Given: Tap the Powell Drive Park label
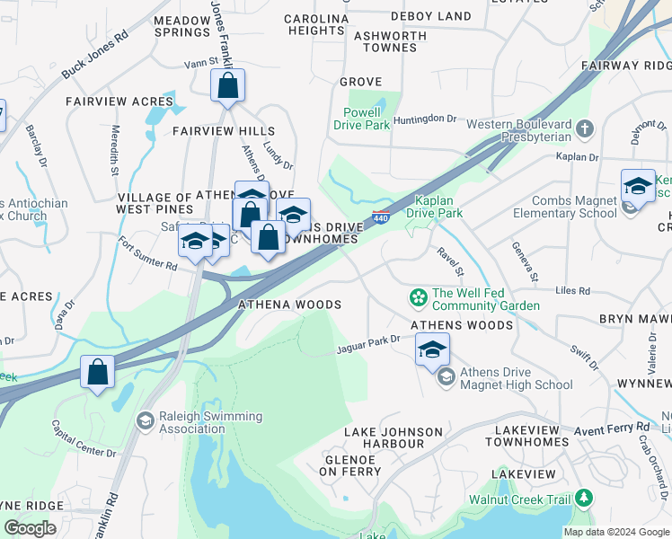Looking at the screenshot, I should (x=366, y=119).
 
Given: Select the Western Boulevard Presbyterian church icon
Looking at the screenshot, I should (x=585, y=128).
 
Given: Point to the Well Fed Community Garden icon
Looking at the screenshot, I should (x=418, y=297).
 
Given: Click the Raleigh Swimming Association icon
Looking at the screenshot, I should (x=144, y=421).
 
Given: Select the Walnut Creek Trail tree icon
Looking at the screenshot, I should (x=585, y=498).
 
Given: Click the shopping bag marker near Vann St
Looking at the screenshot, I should (x=228, y=87).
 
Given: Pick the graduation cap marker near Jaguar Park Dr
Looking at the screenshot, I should (x=432, y=349).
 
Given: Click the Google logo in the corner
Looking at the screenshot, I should (x=30, y=528).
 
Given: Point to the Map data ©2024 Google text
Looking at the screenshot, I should (x=615, y=532).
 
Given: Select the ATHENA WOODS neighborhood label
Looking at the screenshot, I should (x=288, y=305).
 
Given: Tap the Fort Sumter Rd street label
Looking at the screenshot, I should (x=147, y=254).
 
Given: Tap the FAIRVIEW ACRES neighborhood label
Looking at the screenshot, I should (x=106, y=102).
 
